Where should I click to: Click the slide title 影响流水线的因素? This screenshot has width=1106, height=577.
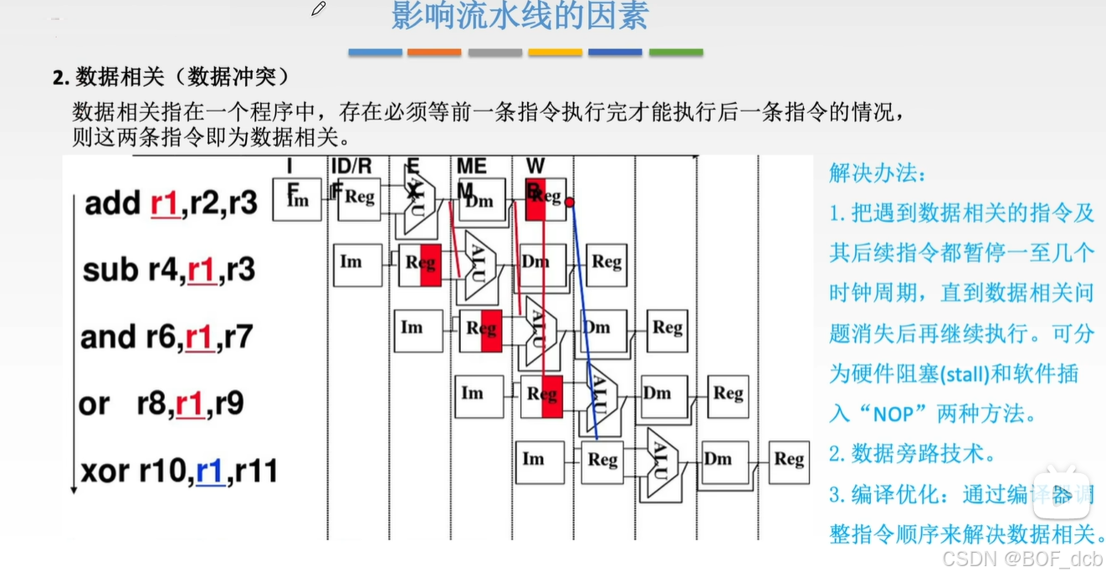[x=520, y=17]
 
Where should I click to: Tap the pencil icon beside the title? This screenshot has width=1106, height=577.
[x=318, y=9]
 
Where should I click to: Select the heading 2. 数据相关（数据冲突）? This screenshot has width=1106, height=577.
[x=172, y=78]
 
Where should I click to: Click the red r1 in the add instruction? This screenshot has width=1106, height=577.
[x=165, y=203]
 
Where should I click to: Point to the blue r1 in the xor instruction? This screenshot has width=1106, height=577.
[x=210, y=472]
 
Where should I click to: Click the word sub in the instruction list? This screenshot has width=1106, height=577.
[x=110, y=270]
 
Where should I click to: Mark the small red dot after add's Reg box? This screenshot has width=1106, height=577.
[x=570, y=202]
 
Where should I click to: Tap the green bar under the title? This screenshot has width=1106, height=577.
[x=676, y=52]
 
